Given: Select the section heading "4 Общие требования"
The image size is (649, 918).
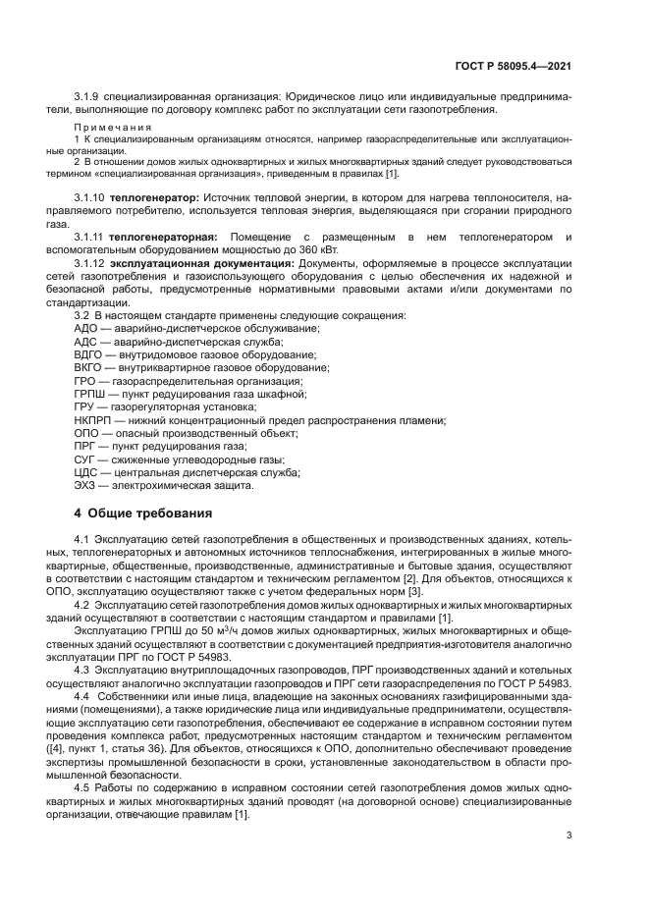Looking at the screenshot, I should point(143,513).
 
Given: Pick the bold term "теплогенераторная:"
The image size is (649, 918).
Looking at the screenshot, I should point(168,238).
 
